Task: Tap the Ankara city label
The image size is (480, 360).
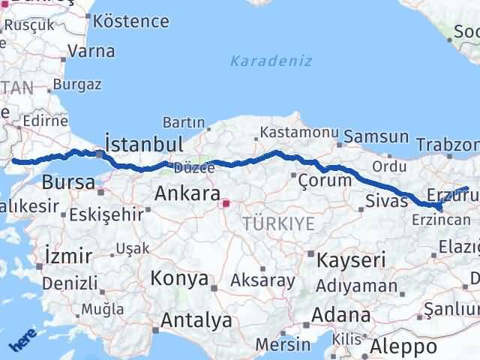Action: tap(187, 193)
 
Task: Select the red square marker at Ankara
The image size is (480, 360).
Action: tap(226, 202)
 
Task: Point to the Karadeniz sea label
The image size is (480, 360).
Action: tap(271, 61)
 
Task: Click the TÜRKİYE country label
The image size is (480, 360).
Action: tap(278, 223)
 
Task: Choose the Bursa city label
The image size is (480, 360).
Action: tap(68, 182)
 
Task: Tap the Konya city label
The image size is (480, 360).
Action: tap(179, 279)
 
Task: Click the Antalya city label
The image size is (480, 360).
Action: tap(196, 321)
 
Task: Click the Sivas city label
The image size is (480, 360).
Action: tap(387, 200)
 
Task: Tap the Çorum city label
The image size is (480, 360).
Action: tap(325, 181)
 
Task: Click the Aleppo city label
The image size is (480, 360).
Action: tap(409, 347)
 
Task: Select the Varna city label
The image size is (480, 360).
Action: tap(91, 52)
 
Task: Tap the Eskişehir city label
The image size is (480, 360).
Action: tap(106, 215)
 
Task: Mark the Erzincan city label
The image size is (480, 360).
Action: tap(442, 220)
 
